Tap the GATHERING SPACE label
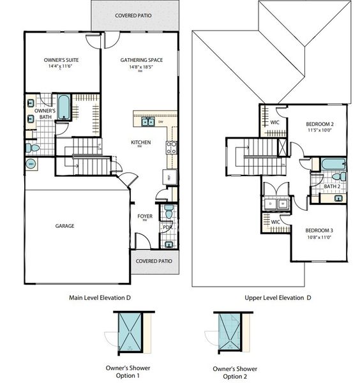click(141, 60)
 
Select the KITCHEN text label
click(140, 142)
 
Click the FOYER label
click(145, 216)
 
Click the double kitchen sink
click(148, 121)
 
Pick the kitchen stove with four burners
click(171, 148)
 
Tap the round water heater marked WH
click(31, 164)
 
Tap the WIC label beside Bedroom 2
click(275, 122)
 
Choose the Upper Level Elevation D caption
click(277, 297)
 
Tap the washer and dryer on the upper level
click(277, 205)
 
